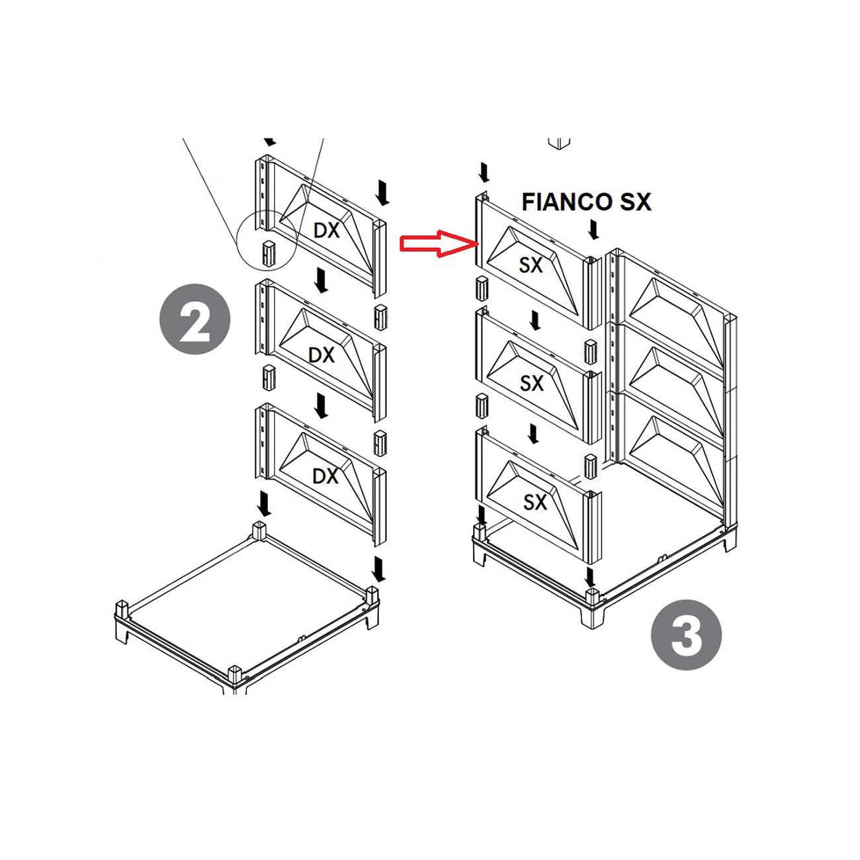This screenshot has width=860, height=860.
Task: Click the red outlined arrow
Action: tap(439, 243)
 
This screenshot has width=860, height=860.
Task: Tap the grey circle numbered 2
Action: tap(195, 319)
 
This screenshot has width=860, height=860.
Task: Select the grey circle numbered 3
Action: tap(686, 634)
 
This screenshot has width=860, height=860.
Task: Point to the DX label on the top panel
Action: tap(326, 230)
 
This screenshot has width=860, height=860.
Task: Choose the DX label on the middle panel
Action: tap(322, 355)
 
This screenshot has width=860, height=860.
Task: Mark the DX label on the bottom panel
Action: tap(325, 476)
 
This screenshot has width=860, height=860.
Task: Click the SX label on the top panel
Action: tap(531, 265)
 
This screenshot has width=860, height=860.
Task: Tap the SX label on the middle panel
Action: tap(531, 383)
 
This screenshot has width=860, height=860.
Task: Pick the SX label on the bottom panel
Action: tap(535, 503)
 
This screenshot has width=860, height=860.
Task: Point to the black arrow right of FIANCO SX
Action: tap(593, 230)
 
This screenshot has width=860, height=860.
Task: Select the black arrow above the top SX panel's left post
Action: tap(484, 173)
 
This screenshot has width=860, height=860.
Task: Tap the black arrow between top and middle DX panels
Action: tap(320, 280)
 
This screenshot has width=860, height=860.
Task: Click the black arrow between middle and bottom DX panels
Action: tap(320, 406)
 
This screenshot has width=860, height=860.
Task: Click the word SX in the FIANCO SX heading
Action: tap(635, 202)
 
